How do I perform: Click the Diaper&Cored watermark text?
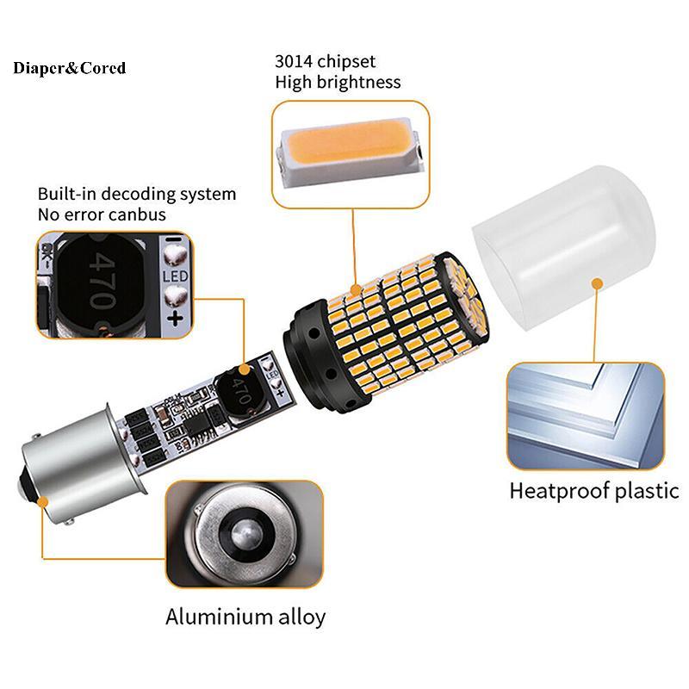tap(70, 68)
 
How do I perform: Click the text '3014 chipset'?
tap(326, 62)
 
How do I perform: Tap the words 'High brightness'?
tap(338, 83)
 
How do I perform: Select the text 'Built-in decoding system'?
tap(136, 194)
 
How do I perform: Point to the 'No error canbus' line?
tap(102, 214)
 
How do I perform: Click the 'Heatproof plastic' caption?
tap(594, 492)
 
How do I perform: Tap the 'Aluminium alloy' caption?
tap(245, 617)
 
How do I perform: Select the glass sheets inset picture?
tap(586, 416)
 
